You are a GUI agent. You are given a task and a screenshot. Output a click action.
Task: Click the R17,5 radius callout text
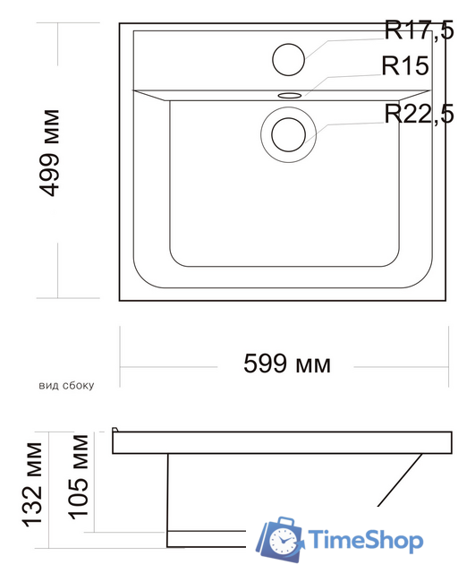pyautogui.click(x=420, y=30)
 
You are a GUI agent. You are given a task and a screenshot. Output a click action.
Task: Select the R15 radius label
pyautogui.click(x=405, y=65)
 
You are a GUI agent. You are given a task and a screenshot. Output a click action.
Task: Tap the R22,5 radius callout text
pyautogui.click(x=420, y=114)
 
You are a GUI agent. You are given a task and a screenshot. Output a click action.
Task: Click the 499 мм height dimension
pyautogui.click(x=49, y=153)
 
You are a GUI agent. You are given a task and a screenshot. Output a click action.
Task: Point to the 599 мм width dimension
pyautogui.click(x=287, y=364)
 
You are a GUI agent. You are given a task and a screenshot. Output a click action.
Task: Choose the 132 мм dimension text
pyautogui.click(x=33, y=485)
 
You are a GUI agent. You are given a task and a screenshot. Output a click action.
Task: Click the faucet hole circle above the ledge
pyautogui.click(x=288, y=60)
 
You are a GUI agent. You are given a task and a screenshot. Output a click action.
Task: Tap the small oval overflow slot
pyautogui.click(x=290, y=96)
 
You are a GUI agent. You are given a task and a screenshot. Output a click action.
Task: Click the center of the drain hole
pyautogui.click(x=288, y=134)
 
